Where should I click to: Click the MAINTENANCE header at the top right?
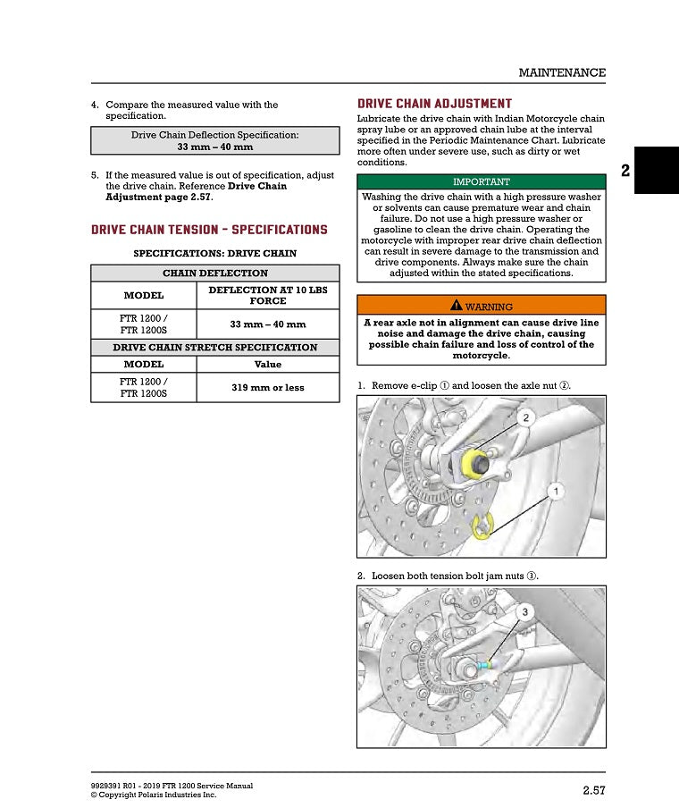tap(562, 72)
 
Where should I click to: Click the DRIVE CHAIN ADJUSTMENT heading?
tap(434, 105)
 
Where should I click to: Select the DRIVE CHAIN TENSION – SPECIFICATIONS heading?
tap(209, 230)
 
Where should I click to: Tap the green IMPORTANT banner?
tap(481, 181)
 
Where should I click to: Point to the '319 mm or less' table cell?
tap(267, 388)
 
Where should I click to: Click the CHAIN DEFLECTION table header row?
tap(214, 274)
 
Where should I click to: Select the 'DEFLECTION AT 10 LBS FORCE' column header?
tap(267, 296)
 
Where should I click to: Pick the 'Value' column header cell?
tap(267, 365)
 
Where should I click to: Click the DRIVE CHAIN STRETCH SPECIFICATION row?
tap(214, 347)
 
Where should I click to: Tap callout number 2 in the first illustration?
tap(525, 418)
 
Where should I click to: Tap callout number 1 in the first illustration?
tap(555, 492)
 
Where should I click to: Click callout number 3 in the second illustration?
tap(525, 611)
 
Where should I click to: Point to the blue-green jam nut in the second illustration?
tap(484, 665)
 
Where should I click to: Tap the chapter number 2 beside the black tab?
tap(625, 170)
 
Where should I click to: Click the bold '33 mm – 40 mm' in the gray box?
tap(214, 147)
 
